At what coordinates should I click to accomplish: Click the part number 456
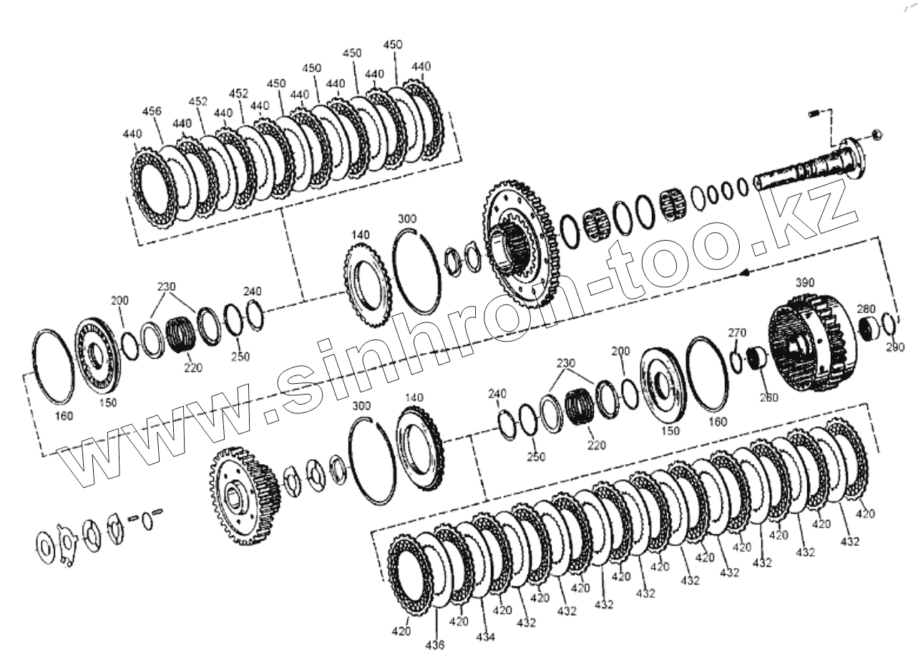point(152,111)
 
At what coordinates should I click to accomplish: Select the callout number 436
point(435,645)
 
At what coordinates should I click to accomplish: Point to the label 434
point(485,636)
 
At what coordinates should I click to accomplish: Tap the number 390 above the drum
point(805,283)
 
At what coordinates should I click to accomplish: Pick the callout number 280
point(866,309)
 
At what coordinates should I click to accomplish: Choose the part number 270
point(737,332)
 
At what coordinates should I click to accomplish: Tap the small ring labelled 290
point(888,323)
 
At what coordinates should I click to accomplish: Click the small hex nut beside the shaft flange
point(878,134)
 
